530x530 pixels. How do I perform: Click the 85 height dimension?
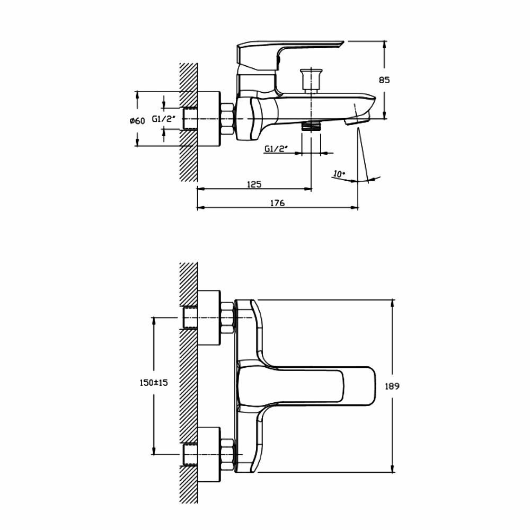pyautogui.click(x=384, y=80)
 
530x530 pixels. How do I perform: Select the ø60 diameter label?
pyautogui.click(x=137, y=121)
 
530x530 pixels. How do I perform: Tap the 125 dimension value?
pyautogui.click(x=254, y=184)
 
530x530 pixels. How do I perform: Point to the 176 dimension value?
pyautogui.click(x=277, y=203)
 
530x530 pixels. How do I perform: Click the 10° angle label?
pyautogui.click(x=339, y=173)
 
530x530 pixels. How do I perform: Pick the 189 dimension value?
pyautogui.click(x=393, y=386)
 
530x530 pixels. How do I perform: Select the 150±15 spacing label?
pyautogui.click(x=153, y=383)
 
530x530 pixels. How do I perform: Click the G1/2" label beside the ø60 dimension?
pyautogui.click(x=163, y=119)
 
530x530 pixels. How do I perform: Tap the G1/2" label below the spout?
pyautogui.click(x=276, y=149)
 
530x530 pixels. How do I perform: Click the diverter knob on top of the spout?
pyautogui.click(x=311, y=80)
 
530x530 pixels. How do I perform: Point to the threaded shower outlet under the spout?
pyautogui.click(x=311, y=126)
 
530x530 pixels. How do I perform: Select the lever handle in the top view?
pyautogui.click(x=307, y=386)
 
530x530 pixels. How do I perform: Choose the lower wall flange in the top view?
pyautogui.click(x=209, y=454)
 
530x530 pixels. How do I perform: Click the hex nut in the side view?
pyautogui.click(x=227, y=119)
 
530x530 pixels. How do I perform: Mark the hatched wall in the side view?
pyautogui.click(x=188, y=122)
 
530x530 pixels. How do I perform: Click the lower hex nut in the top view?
pyautogui.click(x=227, y=454)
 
